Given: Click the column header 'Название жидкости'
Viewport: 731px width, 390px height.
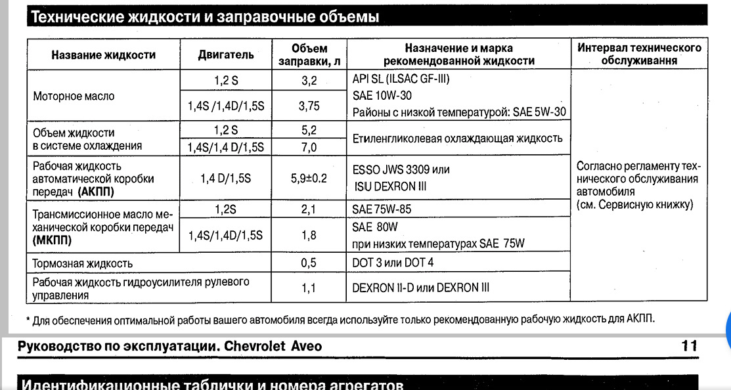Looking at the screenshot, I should click(103, 55).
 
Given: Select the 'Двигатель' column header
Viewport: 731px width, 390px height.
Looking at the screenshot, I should click(226, 55).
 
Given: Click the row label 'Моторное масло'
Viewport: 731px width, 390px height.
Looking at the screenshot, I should click(74, 96).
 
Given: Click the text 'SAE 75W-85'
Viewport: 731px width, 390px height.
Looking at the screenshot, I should click(382, 209).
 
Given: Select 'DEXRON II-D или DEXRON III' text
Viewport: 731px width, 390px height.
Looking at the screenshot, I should click(420, 288).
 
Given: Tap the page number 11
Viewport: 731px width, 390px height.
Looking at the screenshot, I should click(689, 345).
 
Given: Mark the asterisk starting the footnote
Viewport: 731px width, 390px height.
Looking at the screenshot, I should click(28, 320).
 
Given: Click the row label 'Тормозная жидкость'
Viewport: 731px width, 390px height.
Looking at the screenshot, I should click(78, 263).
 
